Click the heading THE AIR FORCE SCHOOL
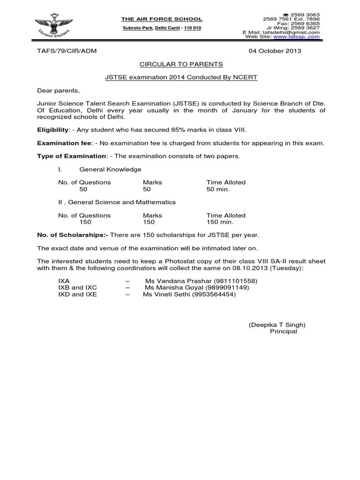pos(162,19)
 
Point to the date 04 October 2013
pos(274,51)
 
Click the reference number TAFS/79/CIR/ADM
pos(66,51)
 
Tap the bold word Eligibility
pos(53,130)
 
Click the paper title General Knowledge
pos(110,169)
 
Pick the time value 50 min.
pos(218,189)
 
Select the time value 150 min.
pos(220,222)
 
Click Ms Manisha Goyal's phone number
pos(229,287)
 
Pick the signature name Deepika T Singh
pos(277,324)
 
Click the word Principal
pos(283,331)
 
